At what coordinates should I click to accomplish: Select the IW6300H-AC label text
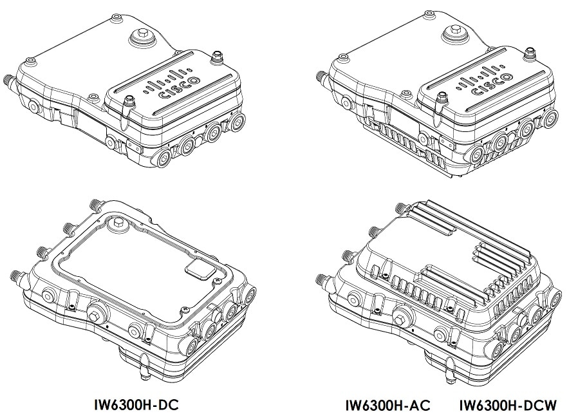tap(387, 406)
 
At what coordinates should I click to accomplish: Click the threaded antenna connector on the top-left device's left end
tap(10, 82)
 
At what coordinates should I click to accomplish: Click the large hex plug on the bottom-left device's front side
tap(97, 316)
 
